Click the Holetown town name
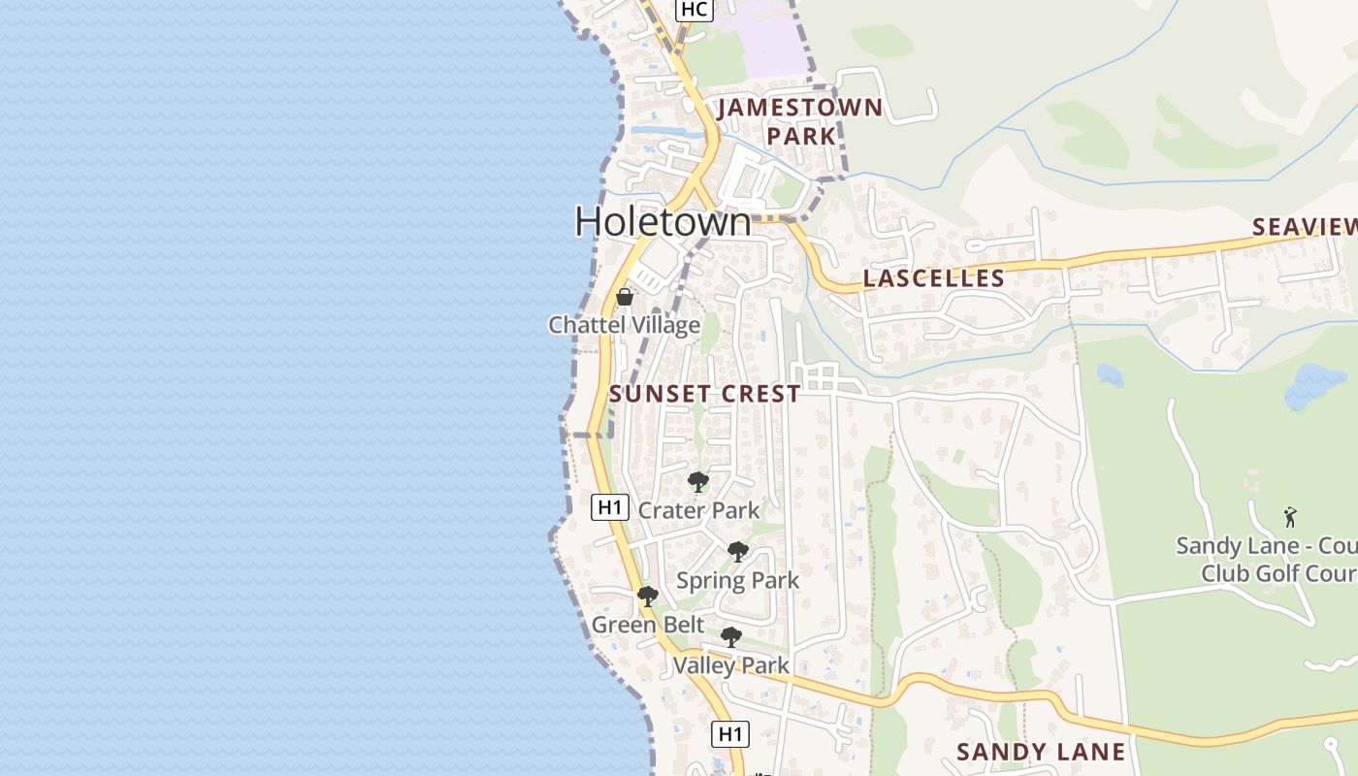[x=663, y=222]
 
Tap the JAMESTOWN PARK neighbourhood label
[x=800, y=121]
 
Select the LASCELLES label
[x=933, y=278]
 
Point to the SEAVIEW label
[x=1305, y=227]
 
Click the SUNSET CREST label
[x=705, y=394]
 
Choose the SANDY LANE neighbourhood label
[x=1041, y=752]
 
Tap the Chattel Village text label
[x=625, y=325]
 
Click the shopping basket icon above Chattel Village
[x=625, y=297]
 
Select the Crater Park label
[x=698, y=510]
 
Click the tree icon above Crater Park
[x=697, y=482]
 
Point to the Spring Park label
[x=737, y=581]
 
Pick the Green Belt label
[x=648, y=626]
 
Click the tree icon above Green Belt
[x=648, y=597]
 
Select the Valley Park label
[x=730, y=665]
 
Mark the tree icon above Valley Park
[x=731, y=637]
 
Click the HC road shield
[x=695, y=10]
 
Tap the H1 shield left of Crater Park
[x=608, y=506]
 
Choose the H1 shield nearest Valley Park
[x=730, y=734]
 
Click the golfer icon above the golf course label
[x=1290, y=517]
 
